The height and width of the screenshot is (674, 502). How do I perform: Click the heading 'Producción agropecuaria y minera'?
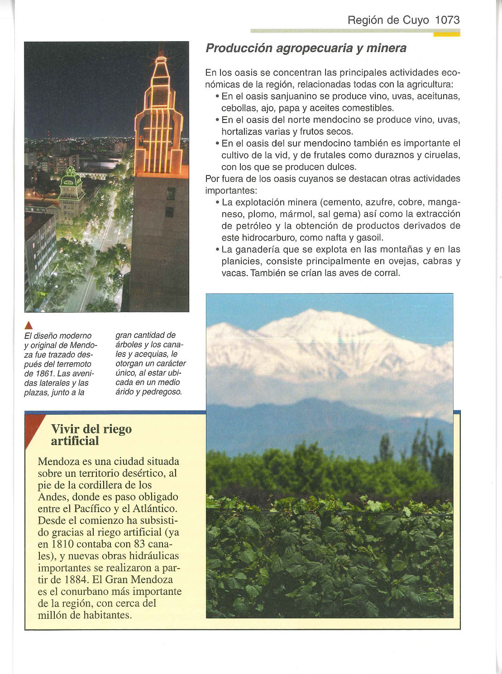[306, 48]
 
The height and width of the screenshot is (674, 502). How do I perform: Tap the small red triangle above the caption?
[29, 325]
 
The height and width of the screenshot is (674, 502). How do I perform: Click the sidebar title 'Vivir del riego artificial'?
[91, 435]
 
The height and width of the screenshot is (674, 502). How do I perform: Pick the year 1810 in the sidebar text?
[67, 544]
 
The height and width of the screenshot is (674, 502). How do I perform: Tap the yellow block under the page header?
[446, 34]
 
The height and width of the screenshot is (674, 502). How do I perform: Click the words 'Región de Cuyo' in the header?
[388, 20]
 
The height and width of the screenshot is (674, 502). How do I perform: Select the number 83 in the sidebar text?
[137, 544]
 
